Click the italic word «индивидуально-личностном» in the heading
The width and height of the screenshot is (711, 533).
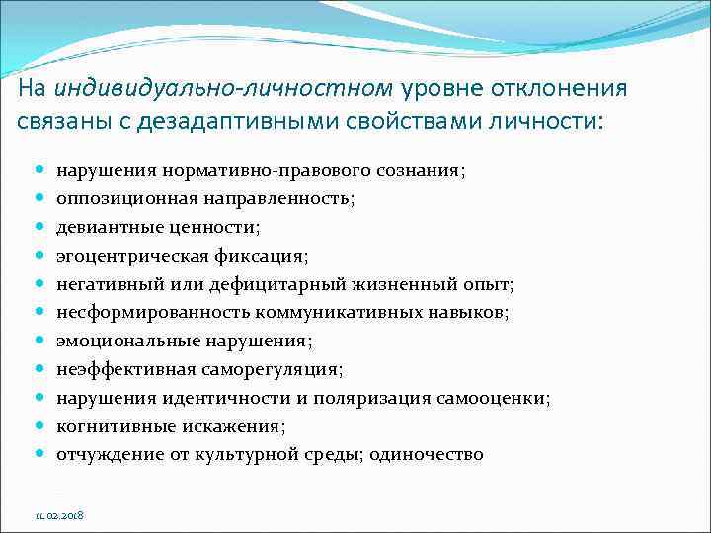tap(223, 89)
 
